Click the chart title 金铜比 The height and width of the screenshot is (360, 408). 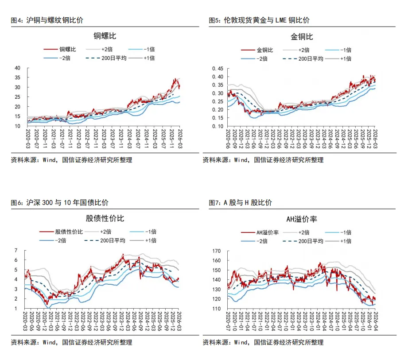(301, 36)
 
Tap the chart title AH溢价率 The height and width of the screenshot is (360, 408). (301, 219)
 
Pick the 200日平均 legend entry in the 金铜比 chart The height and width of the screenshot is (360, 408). (310, 58)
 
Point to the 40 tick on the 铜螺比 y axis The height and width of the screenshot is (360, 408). (18, 68)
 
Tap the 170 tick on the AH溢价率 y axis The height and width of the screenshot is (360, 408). (216, 251)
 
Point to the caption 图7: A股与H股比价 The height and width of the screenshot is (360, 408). (241, 203)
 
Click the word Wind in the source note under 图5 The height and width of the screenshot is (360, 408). (241, 160)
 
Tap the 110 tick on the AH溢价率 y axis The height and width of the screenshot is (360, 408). (216, 309)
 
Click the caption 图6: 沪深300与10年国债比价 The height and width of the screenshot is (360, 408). (59, 203)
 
